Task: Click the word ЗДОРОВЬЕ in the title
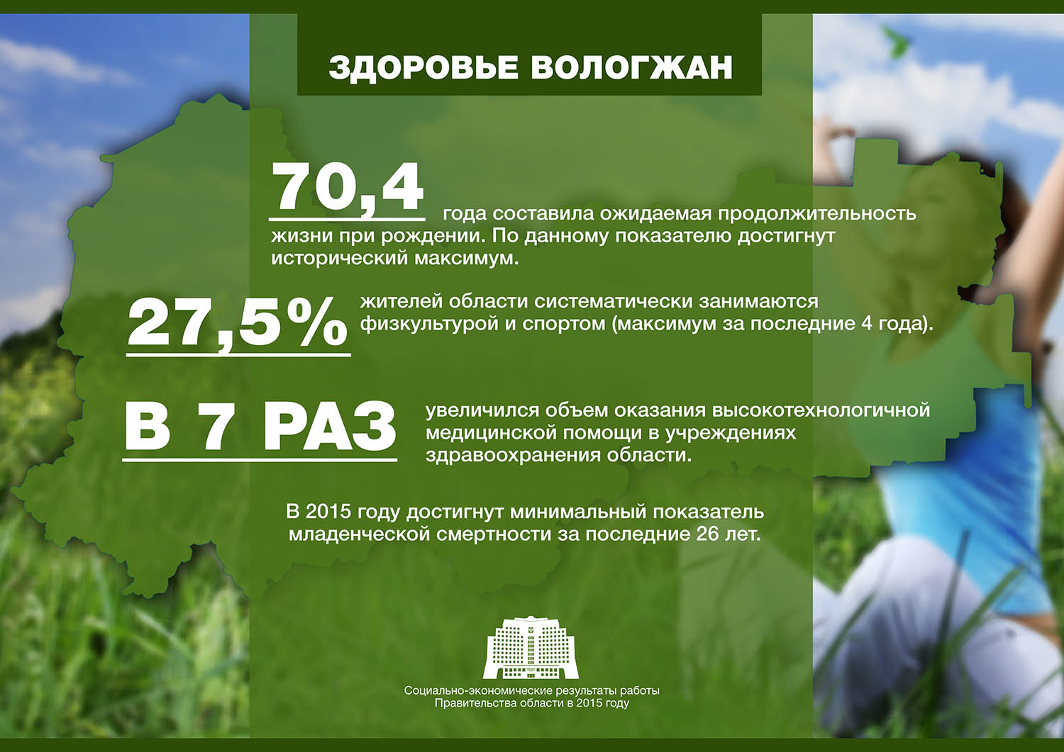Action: (x=423, y=67)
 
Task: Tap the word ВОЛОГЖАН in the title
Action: (x=631, y=67)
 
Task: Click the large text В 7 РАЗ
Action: (x=260, y=428)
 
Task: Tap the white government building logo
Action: (x=531, y=648)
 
